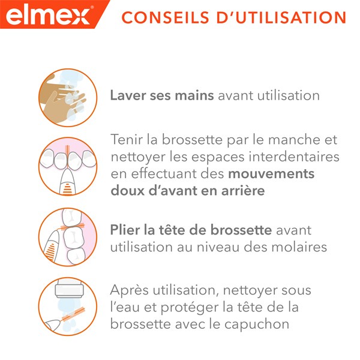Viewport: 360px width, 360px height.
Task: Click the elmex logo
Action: [47, 14]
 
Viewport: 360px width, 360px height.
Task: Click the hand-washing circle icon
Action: [68, 96]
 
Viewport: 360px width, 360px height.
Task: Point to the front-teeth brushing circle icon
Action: [68, 166]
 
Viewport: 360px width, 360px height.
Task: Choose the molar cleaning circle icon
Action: [68, 238]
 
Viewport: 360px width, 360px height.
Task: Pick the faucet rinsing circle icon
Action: [68, 306]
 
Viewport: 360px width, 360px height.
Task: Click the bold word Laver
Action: [127, 96]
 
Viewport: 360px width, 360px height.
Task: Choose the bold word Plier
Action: [125, 231]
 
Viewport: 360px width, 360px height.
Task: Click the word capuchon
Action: [262, 323]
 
